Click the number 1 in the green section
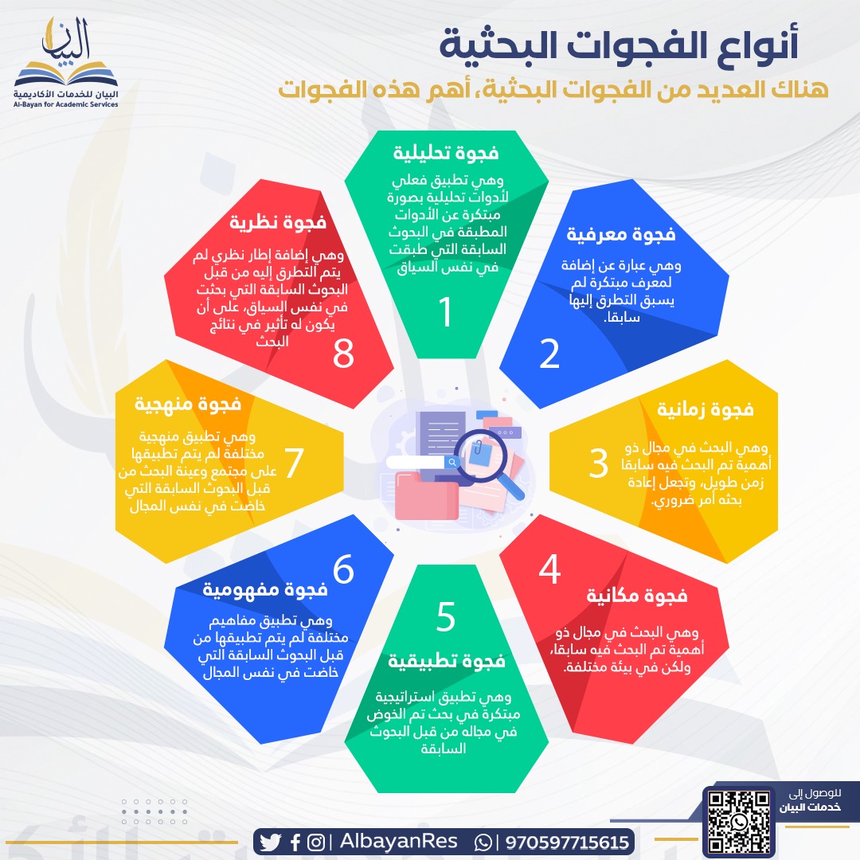pyautogui.click(x=446, y=312)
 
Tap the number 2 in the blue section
pyautogui.click(x=549, y=354)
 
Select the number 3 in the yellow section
pyautogui.click(x=599, y=464)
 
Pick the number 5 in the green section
pyautogui.click(x=446, y=616)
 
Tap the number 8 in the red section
pyautogui.click(x=343, y=354)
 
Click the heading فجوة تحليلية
pyautogui.click(x=446, y=152)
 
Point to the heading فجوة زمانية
pyautogui.click(x=705, y=409)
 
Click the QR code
pyautogui.click(x=738, y=821)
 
